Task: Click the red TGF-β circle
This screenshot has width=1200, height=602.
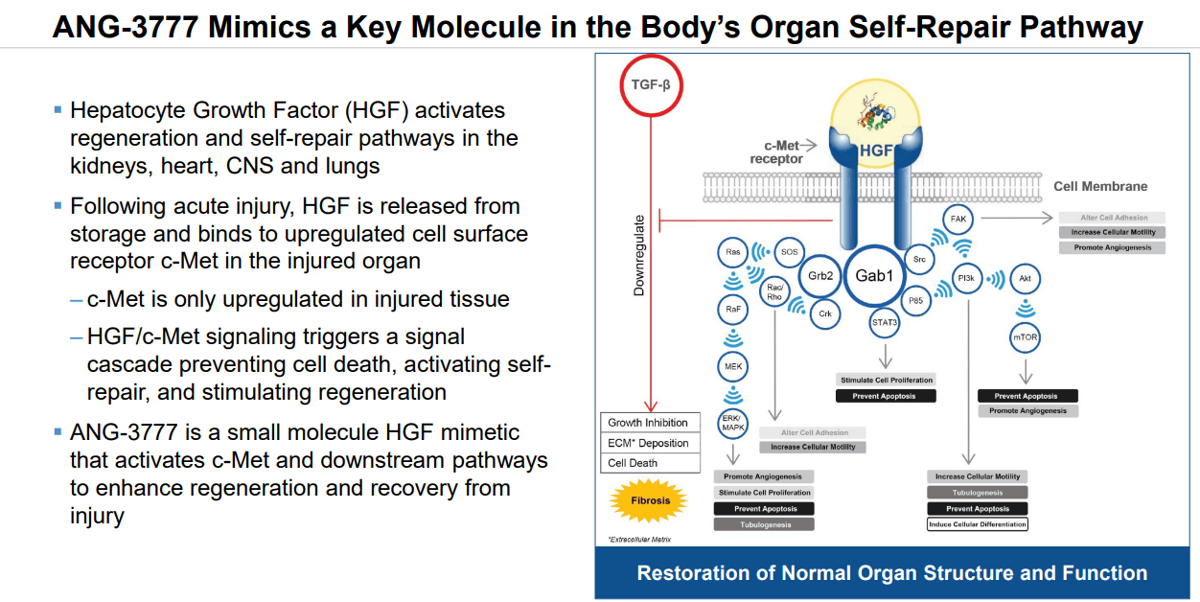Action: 651,84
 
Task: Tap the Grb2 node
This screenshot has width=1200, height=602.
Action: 819,276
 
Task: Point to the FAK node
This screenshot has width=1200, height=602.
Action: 958,220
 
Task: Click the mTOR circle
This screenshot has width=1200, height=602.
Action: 1025,337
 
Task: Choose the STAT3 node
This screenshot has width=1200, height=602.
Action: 885,322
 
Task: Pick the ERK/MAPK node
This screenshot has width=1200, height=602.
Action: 732,421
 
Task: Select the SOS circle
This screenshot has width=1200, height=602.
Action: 788,251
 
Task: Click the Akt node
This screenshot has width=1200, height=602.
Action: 1025,279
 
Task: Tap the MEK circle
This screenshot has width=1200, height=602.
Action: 732,366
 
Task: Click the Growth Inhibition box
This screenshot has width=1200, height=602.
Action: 648,423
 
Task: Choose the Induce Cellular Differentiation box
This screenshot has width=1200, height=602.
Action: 977,524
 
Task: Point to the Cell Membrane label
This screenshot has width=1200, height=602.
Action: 1100,186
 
